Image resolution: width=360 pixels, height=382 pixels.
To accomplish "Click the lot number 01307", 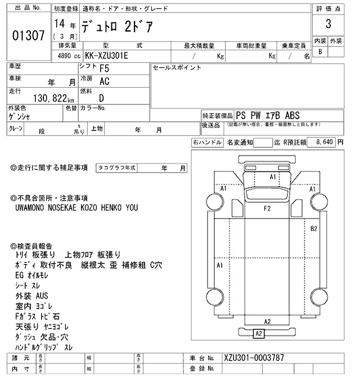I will click(x=28, y=36).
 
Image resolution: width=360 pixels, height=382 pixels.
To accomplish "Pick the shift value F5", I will click(x=105, y=69).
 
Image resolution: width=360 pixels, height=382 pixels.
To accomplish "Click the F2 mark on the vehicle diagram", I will click(x=268, y=208).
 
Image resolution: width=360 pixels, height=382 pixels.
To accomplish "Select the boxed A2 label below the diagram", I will click(x=259, y=334).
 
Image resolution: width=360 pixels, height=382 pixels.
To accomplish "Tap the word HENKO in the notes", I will click(x=108, y=207).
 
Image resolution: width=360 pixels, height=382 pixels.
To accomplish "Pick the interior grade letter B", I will click(x=321, y=52).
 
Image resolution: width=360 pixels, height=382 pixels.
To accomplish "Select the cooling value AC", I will click(x=105, y=81).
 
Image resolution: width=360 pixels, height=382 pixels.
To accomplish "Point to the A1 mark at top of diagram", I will click(x=273, y=176).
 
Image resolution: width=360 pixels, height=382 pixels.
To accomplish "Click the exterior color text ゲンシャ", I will click(x=20, y=117).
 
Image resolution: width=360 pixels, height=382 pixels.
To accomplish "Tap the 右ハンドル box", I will click(x=208, y=143).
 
